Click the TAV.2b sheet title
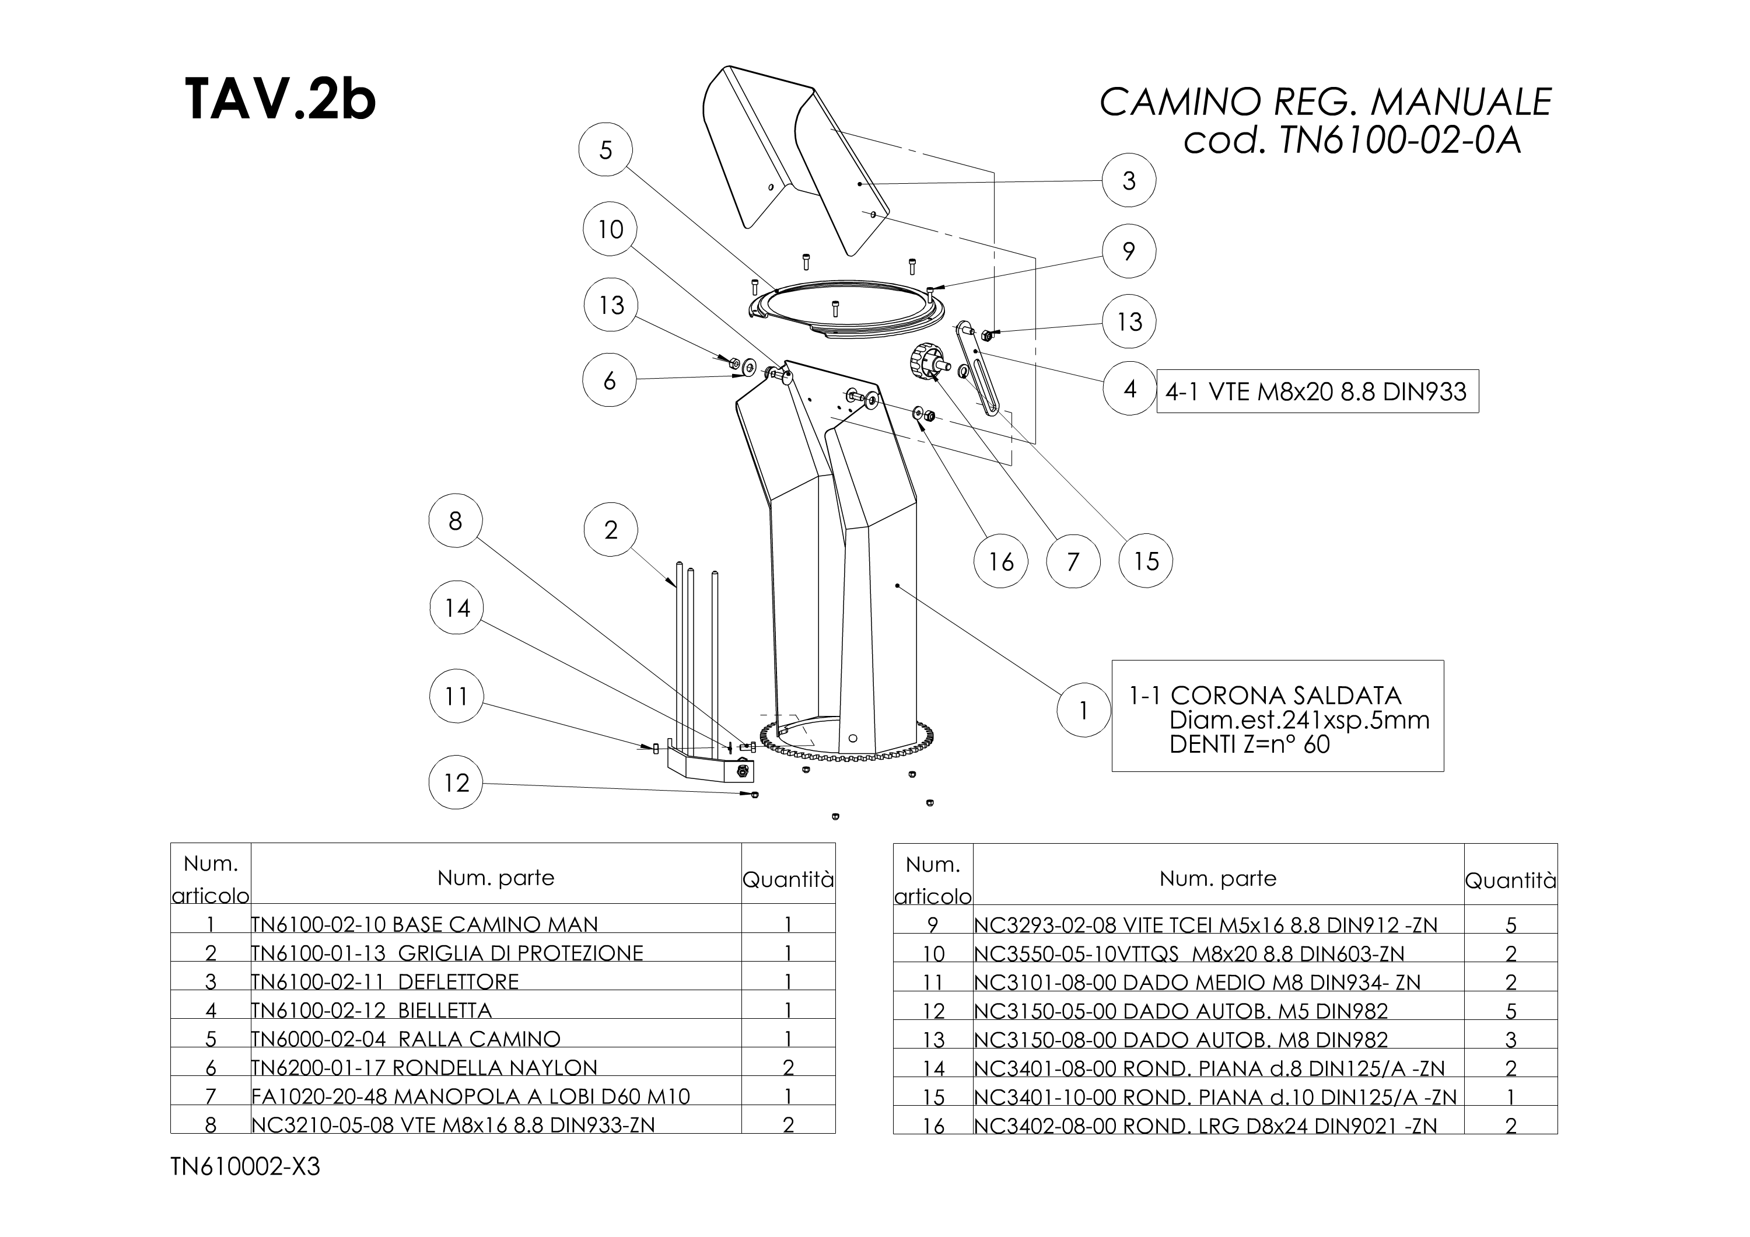pos(280,99)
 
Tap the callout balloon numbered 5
pos(606,150)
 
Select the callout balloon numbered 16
pos(1001,562)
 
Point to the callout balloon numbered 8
pos(455,521)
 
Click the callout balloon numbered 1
pos(1083,710)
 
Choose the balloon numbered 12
pos(456,782)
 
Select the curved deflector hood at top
pos(793,152)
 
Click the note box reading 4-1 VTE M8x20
pos(1317,391)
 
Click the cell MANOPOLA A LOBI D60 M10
pos(470,1096)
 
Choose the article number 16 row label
pos(933,1125)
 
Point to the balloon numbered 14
pos(457,608)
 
